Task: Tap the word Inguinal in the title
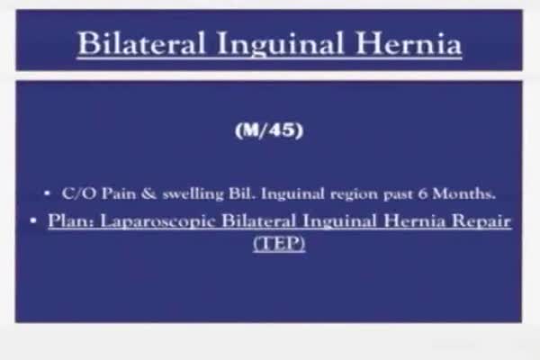click(x=280, y=45)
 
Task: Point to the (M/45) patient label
click(x=269, y=130)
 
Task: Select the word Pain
click(x=119, y=193)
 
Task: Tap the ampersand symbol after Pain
click(x=148, y=193)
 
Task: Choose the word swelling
click(x=193, y=194)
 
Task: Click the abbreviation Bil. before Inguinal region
click(x=242, y=193)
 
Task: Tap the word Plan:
click(x=71, y=220)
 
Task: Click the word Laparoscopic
click(x=157, y=222)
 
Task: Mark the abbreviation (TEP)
click(x=279, y=244)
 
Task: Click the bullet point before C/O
click(x=47, y=193)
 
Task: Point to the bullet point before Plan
click(x=33, y=220)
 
